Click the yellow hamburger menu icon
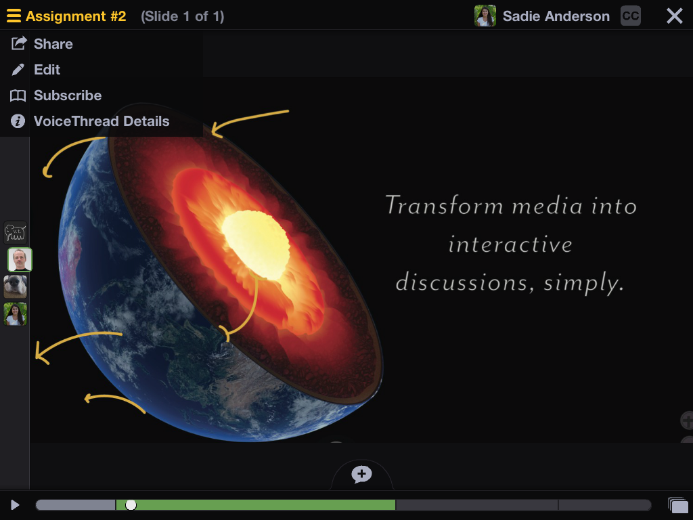click(x=14, y=16)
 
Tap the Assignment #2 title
click(x=76, y=16)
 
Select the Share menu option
click(x=53, y=44)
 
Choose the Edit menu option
click(x=47, y=70)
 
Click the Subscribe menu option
click(x=68, y=95)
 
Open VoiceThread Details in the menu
click(x=102, y=121)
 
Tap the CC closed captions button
click(x=630, y=16)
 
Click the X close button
click(x=675, y=16)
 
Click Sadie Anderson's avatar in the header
click(x=485, y=16)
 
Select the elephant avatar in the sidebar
click(x=16, y=233)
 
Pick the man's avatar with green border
click(x=20, y=259)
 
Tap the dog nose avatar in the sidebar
click(x=16, y=287)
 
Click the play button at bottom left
click(x=15, y=505)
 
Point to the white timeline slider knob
click(x=131, y=505)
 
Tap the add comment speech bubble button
click(x=361, y=475)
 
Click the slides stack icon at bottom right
click(x=678, y=505)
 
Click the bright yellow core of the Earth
click(x=256, y=244)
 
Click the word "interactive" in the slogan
click(x=510, y=244)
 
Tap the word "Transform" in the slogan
click(x=444, y=205)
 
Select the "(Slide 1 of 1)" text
click(x=183, y=16)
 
